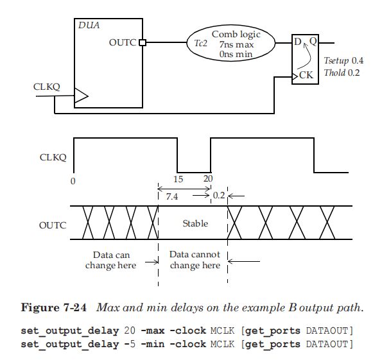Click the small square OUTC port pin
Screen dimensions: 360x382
pos(143,43)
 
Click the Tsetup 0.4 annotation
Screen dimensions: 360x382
pos(343,60)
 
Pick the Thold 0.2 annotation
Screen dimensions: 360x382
pos(342,73)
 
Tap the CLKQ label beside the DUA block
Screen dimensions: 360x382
pos(46,87)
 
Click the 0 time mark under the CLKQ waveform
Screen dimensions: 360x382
pos(73,181)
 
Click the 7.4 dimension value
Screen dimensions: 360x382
pos(172,197)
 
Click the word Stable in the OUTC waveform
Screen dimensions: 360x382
pos(195,224)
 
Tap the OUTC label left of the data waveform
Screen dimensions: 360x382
pos(52,225)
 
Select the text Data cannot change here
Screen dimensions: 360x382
pos(195,261)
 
